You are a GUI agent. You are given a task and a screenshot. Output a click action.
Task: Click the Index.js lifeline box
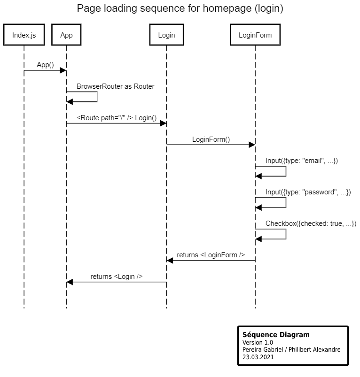click(24, 35)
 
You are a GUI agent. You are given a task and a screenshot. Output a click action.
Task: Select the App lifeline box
click(66, 35)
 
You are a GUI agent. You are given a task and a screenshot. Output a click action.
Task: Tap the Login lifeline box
click(166, 35)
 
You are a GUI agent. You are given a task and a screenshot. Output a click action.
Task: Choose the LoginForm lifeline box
click(255, 35)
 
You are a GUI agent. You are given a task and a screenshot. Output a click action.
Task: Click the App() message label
click(46, 65)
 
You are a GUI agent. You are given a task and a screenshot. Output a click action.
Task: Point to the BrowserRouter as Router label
click(115, 86)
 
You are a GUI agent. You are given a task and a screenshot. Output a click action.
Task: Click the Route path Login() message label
click(117, 117)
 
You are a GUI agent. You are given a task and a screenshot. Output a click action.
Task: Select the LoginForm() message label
click(211, 139)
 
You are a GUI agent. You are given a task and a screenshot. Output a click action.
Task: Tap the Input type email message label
click(302, 161)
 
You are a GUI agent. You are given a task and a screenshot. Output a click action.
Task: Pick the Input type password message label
click(308, 192)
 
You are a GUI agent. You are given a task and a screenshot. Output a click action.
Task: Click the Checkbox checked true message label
click(311, 223)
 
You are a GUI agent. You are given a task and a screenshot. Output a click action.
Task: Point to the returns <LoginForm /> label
click(211, 255)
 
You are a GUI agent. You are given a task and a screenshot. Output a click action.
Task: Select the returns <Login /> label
click(117, 277)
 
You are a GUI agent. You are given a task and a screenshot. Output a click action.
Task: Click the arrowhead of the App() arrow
click(63, 70)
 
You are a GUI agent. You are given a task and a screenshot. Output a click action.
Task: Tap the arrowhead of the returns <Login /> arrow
click(70, 282)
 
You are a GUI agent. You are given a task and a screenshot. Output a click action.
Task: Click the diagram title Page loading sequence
click(180, 8)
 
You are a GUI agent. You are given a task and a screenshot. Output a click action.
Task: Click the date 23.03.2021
click(258, 357)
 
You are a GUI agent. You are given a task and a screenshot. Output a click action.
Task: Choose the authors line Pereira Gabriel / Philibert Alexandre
click(291, 350)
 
